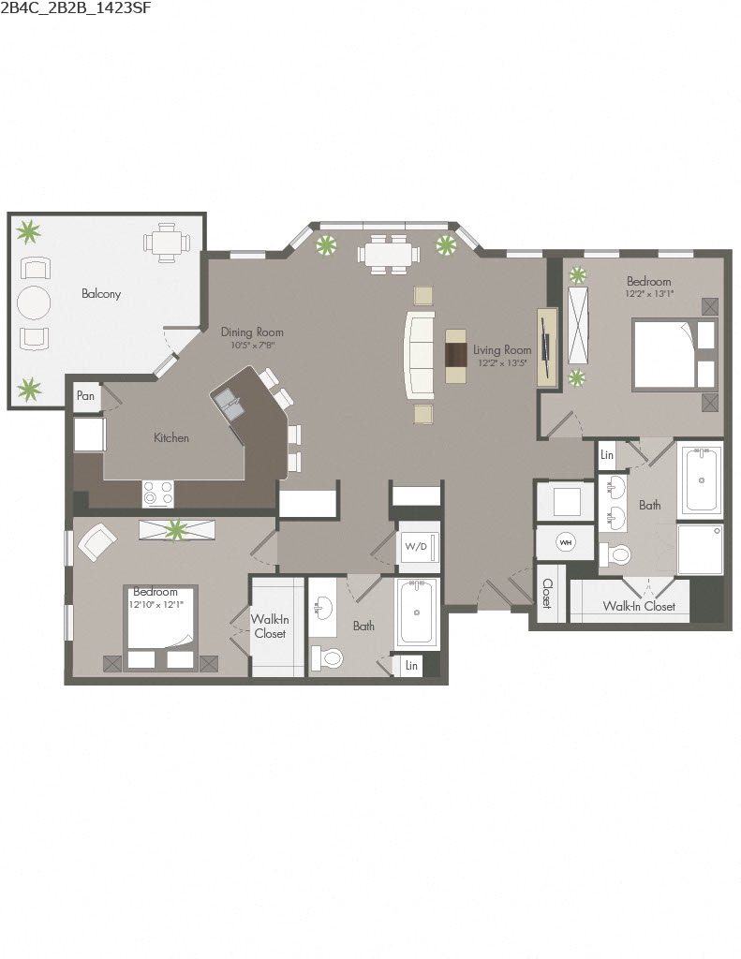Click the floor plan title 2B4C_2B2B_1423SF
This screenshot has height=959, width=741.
[x=76, y=8]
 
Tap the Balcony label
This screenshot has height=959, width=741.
[x=101, y=294]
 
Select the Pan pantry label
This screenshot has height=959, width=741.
[x=85, y=396]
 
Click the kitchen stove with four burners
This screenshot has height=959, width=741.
[x=158, y=493]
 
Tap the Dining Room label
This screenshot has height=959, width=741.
[x=252, y=332]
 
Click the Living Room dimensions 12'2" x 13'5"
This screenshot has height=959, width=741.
[x=502, y=363]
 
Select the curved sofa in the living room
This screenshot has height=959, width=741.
[x=418, y=356]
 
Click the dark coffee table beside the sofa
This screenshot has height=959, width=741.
[x=456, y=356]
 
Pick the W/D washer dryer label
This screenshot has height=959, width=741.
[x=415, y=546]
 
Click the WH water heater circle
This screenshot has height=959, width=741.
[x=565, y=542]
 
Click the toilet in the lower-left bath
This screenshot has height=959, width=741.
[x=331, y=657]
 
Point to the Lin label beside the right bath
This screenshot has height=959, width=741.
[x=607, y=455]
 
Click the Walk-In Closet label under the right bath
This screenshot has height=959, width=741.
[x=639, y=607]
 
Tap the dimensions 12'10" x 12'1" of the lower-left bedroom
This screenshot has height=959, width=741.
[x=156, y=604]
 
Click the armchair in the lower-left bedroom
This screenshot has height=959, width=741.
[x=96, y=540]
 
